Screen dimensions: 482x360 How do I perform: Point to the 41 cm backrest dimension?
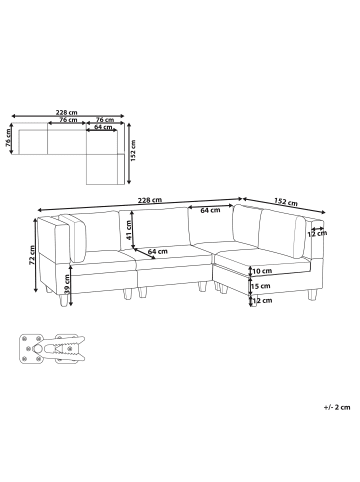(x=129, y=229)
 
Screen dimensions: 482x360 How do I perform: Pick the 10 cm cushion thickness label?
(x=262, y=271)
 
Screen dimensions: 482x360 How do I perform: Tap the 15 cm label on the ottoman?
(x=262, y=286)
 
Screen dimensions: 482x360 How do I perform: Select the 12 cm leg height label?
(x=262, y=300)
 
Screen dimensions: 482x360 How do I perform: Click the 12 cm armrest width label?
(x=320, y=234)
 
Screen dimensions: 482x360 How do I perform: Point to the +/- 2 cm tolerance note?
(x=337, y=408)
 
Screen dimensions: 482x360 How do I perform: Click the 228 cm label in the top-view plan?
(x=66, y=113)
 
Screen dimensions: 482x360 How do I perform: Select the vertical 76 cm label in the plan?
(x=8, y=141)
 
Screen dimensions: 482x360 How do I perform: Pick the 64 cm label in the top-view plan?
(x=103, y=128)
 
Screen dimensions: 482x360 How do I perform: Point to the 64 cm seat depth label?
(x=157, y=251)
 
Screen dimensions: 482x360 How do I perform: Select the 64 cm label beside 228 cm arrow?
(x=209, y=211)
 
